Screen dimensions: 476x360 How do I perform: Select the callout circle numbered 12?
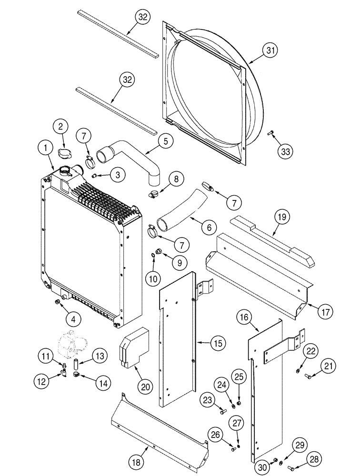[x=41, y=381]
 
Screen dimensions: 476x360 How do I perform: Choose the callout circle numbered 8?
[x=176, y=179]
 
